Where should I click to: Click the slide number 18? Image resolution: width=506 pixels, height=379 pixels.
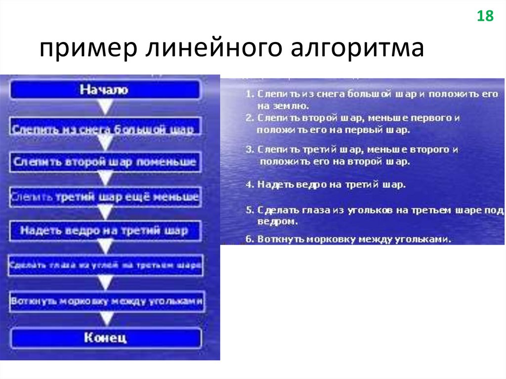point(485,16)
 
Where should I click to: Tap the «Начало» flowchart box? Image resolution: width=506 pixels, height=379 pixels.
point(105,90)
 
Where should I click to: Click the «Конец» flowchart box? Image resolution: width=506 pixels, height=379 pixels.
point(105,338)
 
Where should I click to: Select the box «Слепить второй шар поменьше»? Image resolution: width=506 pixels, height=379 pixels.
point(105,162)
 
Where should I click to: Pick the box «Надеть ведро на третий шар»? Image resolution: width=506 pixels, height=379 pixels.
point(105,230)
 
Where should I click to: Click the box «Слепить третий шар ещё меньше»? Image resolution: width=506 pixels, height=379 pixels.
point(105,197)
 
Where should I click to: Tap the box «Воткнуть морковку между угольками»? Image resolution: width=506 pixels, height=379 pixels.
point(107,301)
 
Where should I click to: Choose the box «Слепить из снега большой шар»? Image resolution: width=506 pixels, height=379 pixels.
point(105,129)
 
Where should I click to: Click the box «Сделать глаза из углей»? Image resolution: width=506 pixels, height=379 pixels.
point(105,265)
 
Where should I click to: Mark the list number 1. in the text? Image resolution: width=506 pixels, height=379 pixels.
point(249,94)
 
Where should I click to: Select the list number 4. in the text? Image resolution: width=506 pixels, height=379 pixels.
point(249,184)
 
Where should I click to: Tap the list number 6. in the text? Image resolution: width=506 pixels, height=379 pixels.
point(249,239)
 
